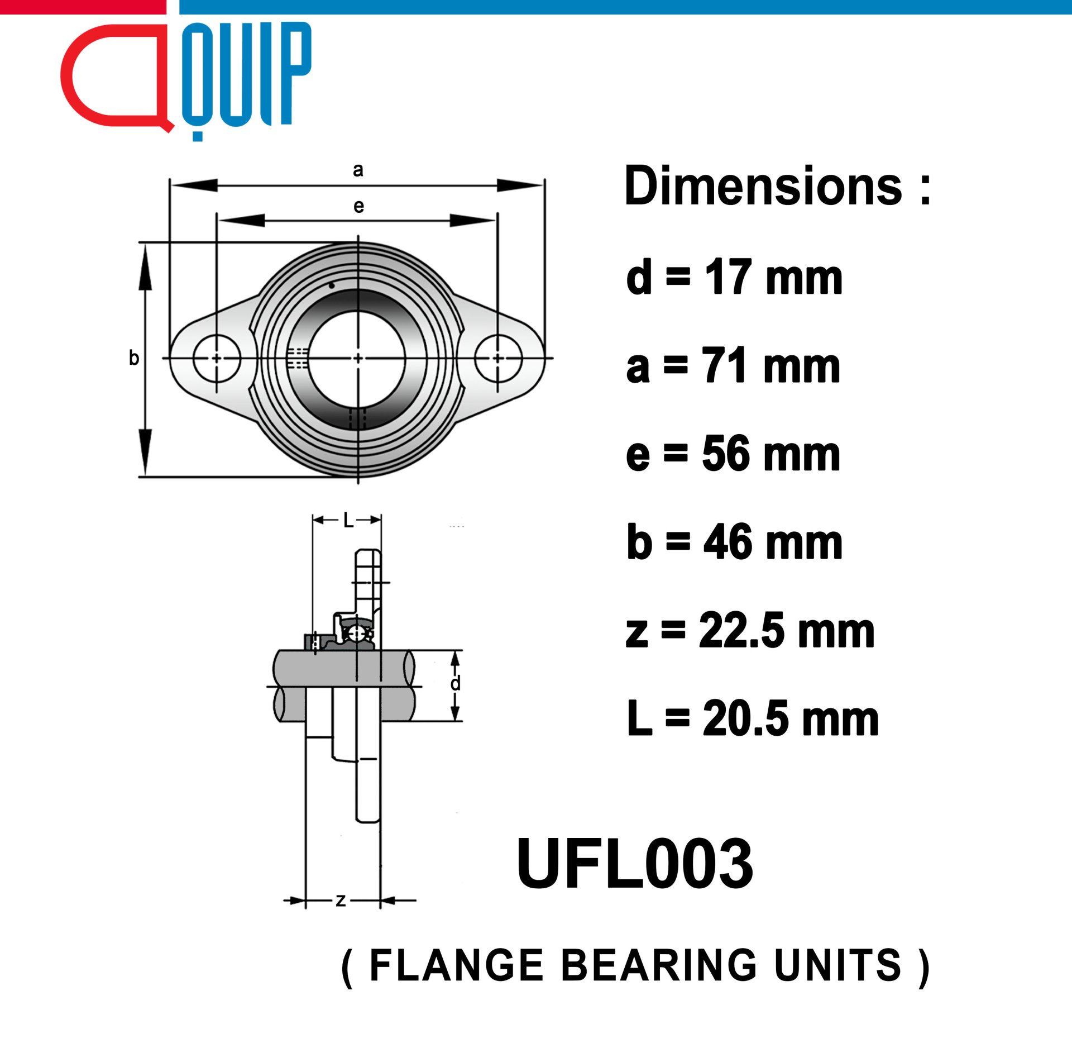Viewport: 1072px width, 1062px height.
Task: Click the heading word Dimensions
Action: tap(763, 186)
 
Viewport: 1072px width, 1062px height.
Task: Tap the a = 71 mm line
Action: tap(733, 365)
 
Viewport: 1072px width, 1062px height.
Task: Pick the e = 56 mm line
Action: tap(733, 454)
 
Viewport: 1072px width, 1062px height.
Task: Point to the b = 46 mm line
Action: tap(734, 542)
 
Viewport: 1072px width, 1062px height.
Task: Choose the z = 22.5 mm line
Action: tap(750, 630)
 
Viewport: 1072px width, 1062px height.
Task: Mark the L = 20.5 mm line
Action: tap(753, 718)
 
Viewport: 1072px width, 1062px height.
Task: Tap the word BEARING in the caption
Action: tap(659, 966)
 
